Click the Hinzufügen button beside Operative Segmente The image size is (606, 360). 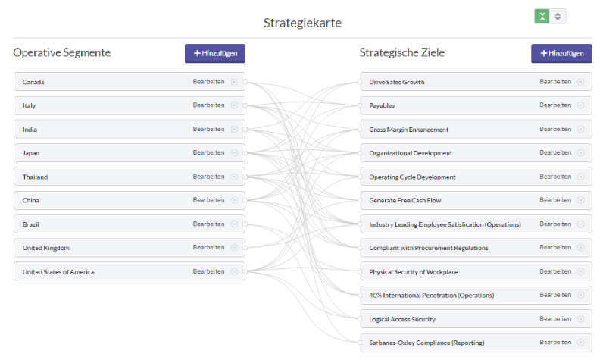[x=215, y=53]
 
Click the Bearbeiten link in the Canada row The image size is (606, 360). [x=209, y=82]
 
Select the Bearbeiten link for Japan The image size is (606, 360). [x=209, y=153]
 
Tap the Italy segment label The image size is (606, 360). [x=29, y=105]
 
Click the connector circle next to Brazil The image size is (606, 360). [x=245, y=224]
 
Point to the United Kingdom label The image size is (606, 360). [x=46, y=248]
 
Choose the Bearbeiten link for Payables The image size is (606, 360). [x=555, y=105]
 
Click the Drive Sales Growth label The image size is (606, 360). [x=396, y=82]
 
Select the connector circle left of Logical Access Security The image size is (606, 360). [x=360, y=319]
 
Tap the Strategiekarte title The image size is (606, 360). [x=302, y=23]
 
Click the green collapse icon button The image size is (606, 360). [x=542, y=16]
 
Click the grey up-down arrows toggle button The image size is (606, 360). [x=558, y=16]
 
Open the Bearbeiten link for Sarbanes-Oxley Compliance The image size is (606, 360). [x=555, y=343]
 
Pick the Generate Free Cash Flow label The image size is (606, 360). [x=405, y=200]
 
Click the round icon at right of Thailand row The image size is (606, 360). [x=234, y=177]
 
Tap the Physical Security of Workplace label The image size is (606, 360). [x=414, y=272]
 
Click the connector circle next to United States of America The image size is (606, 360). [x=245, y=272]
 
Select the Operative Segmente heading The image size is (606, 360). [x=62, y=52]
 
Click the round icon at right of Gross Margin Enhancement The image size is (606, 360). [x=580, y=129]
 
